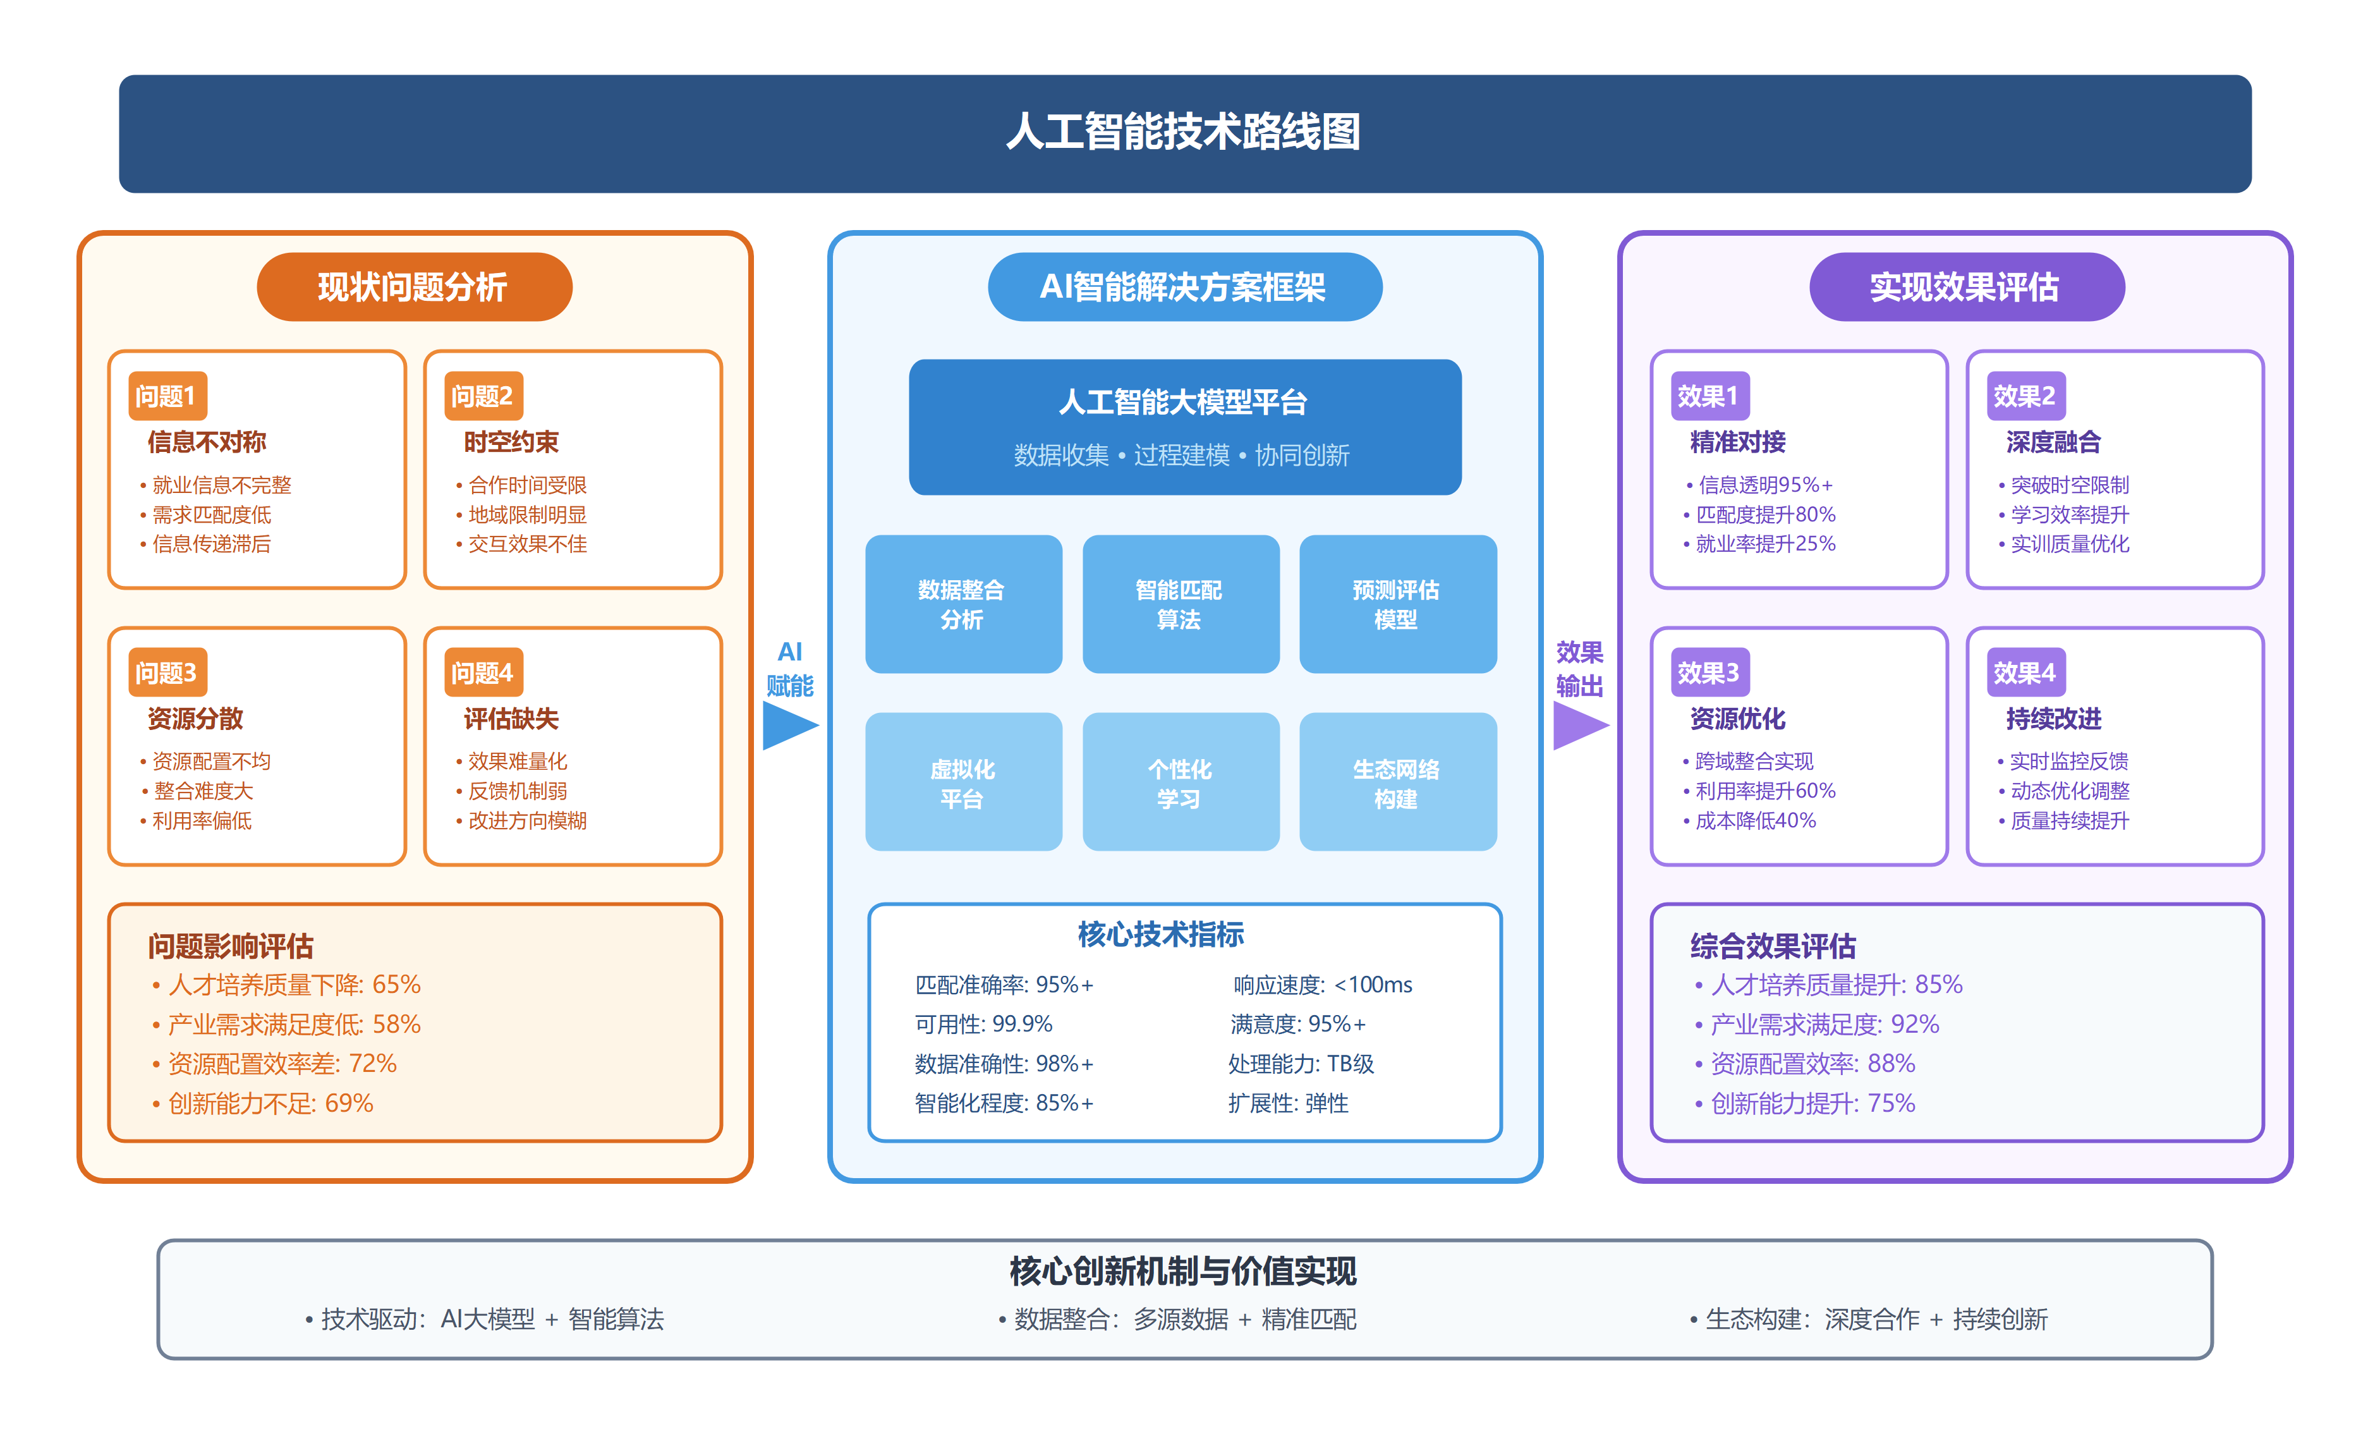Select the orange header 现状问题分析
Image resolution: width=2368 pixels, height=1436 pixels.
point(414,286)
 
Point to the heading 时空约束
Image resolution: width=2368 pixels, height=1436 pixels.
point(511,442)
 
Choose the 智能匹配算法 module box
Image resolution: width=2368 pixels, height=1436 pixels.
point(1180,605)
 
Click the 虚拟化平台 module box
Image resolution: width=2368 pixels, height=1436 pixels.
point(963,782)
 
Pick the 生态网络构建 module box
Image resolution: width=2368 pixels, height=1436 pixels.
point(1397,782)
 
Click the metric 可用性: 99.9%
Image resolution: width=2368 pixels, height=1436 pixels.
point(983,1025)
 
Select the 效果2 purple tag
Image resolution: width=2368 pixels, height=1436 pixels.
point(2025,396)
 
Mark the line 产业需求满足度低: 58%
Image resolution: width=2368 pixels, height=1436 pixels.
point(294,1025)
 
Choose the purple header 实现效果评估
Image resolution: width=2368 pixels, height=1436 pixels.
point(1965,286)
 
